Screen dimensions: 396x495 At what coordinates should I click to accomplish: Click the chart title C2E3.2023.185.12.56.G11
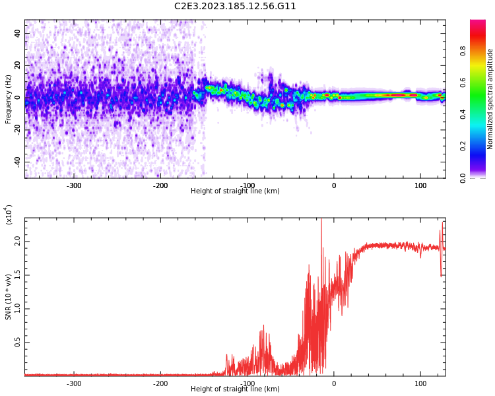(235, 6)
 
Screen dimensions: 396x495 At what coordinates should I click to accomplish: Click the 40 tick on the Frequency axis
(17, 33)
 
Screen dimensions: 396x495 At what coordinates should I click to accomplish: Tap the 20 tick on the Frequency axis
(17, 65)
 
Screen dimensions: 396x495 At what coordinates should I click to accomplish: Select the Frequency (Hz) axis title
(8, 99)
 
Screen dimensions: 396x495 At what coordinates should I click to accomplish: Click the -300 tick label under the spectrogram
(74, 185)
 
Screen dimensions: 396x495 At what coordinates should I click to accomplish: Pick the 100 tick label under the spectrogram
(420, 185)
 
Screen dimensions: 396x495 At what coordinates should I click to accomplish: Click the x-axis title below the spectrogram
(235, 191)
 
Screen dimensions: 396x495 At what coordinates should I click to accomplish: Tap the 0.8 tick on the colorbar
(481, 49)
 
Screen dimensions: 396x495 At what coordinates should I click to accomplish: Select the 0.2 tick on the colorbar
(481, 146)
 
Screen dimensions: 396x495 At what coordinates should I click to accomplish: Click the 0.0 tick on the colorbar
(481, 178)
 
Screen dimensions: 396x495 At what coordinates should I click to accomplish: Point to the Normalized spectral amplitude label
(490, 99)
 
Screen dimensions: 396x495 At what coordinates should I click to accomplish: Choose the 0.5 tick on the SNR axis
(17, 342)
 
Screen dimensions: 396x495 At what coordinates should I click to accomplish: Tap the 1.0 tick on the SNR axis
(17, 308)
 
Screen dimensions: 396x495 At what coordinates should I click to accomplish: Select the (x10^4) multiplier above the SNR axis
(9, 214)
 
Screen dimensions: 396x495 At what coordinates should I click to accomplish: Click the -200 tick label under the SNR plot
(160, 383)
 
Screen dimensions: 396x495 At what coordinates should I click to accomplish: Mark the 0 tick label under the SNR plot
(334, 383)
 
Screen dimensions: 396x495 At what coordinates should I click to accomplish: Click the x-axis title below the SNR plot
(235, 389)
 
